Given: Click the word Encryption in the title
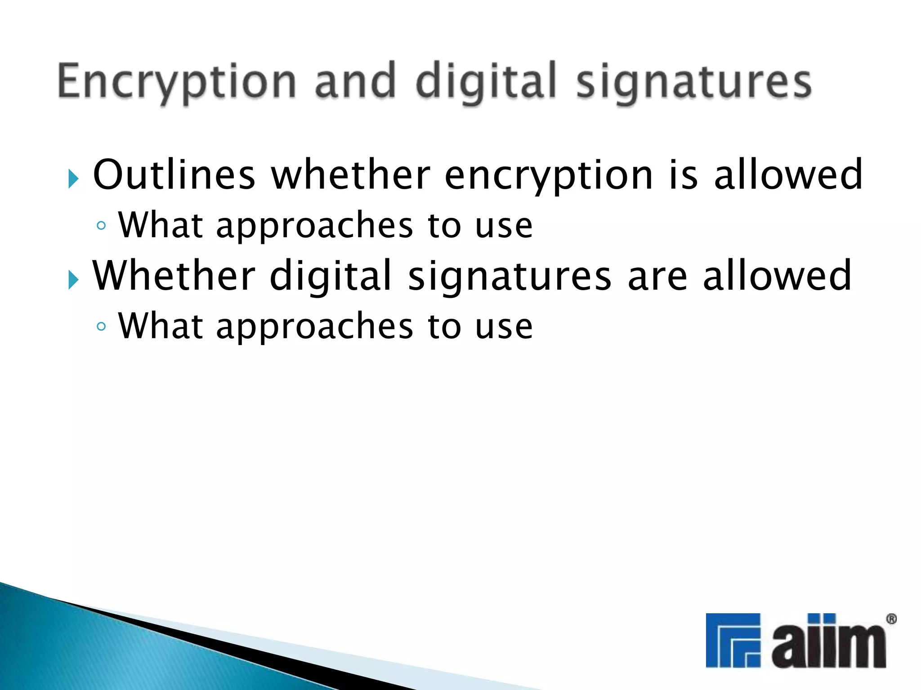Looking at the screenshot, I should [176, 82].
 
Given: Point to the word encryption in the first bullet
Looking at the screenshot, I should [549, 176].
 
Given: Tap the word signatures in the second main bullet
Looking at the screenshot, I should [510, 277].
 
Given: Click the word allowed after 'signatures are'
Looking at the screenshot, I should [777, 275].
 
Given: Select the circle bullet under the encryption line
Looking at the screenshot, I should [102, 226].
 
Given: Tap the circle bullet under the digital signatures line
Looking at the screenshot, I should [102, 326].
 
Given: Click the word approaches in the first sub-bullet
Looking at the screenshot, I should [314, 226].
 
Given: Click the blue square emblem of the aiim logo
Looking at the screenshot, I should [733, 640].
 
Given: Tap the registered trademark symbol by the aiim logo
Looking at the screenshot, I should [891, 619].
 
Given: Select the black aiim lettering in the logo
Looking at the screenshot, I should [828, 643].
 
